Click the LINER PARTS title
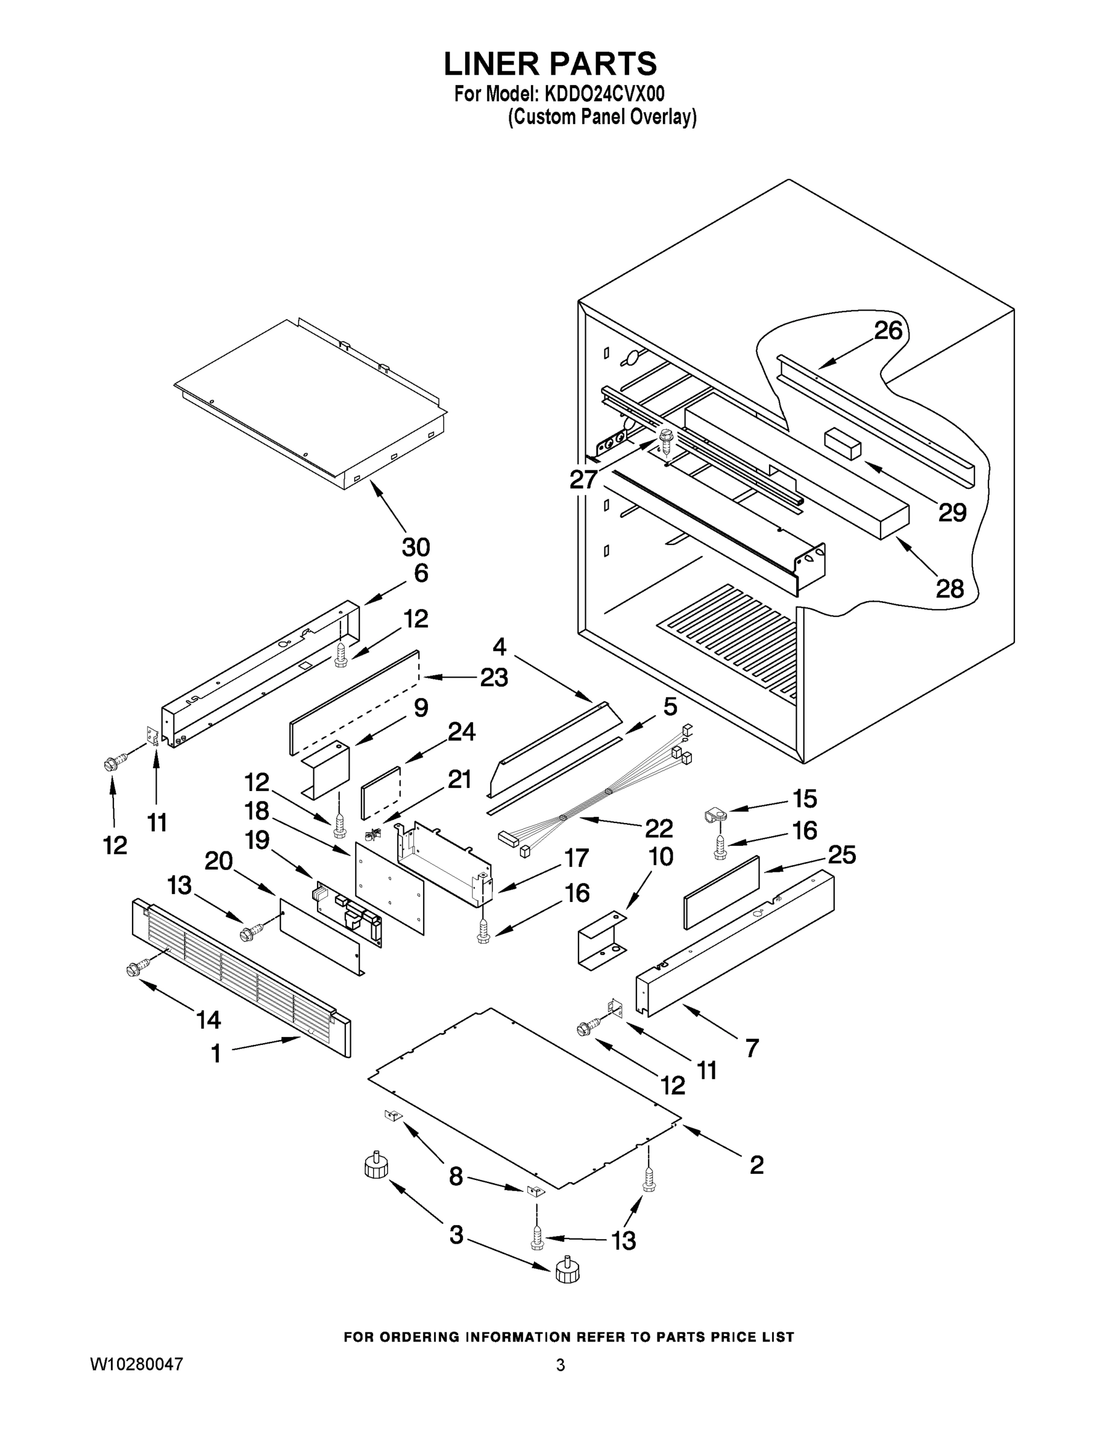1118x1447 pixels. pos(550,65)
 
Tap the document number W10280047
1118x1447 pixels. pos(136,1365)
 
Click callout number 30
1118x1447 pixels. pos(416,547)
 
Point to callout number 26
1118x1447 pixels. pos(888,330)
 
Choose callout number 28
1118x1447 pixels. pos(950,588)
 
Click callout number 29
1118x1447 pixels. pos(952,512)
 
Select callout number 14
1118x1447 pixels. pos(208,1020)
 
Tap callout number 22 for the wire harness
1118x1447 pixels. pos(658,828)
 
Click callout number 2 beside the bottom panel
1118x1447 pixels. pos(756,1165)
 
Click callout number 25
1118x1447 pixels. pos(842,855)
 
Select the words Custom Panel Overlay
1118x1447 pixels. pos(602,118)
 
